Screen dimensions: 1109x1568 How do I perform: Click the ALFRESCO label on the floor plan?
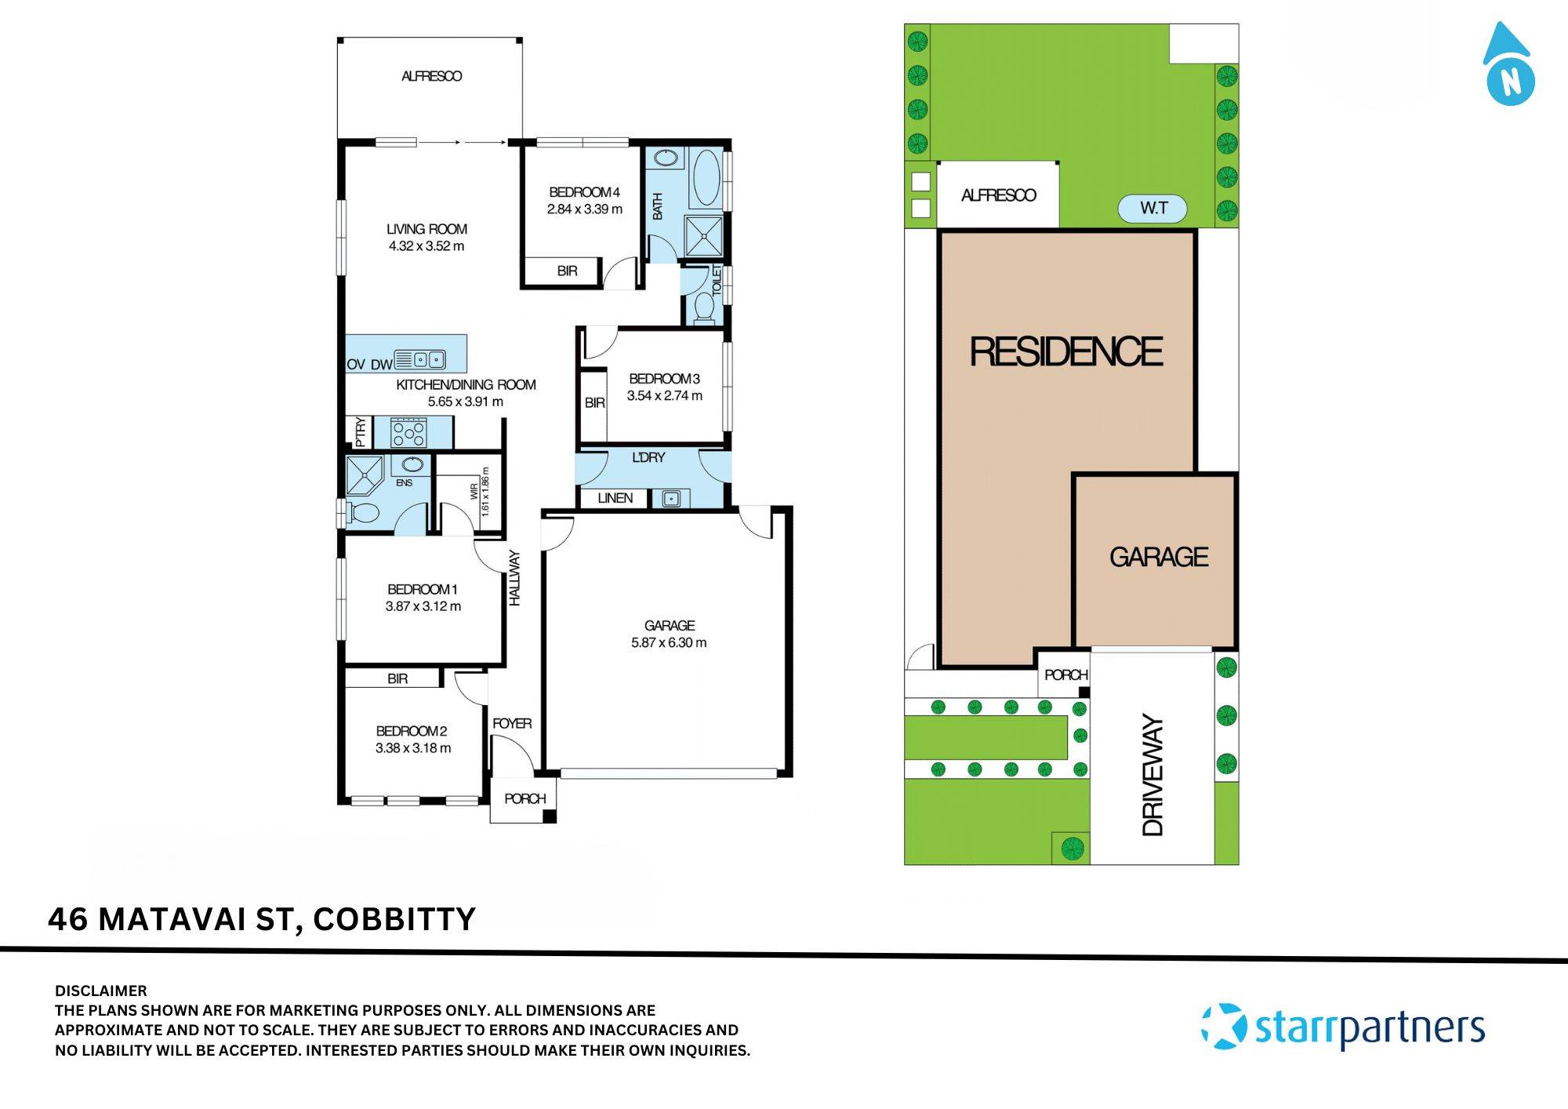point(431,76)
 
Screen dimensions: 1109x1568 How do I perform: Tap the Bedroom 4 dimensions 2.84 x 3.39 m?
point(584,209)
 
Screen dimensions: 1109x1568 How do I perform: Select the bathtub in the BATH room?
point(708,178)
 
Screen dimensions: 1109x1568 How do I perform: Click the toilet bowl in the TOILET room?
point(703,307)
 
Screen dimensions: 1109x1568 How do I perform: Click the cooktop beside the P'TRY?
point(408,433)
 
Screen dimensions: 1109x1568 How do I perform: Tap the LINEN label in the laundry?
point(615,498)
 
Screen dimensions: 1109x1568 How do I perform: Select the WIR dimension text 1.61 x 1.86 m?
point(485,492)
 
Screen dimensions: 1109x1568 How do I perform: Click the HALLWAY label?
point(515,578)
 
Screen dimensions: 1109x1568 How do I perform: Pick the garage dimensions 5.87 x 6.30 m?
point(669,643)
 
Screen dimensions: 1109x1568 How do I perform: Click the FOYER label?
point(512,723)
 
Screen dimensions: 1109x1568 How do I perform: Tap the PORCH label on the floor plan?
point(524,798)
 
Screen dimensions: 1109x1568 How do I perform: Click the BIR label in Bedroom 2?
point(397,678)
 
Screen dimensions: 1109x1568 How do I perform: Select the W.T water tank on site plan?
point(1152,209)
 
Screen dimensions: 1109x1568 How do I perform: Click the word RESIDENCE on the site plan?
point(1066,351)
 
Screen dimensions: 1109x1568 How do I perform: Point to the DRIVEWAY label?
point(1152,775)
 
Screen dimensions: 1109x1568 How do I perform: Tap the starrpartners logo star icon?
point(1224,1026)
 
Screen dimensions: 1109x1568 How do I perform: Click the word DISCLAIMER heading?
point(100,991)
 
